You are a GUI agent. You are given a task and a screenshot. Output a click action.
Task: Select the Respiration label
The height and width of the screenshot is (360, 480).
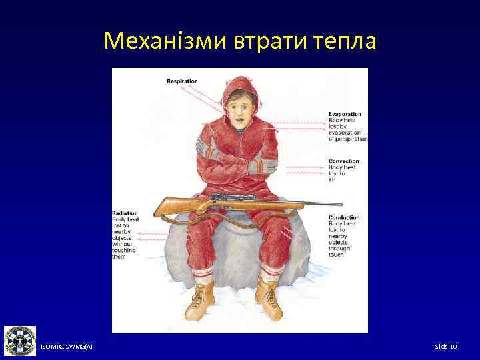click(182, 81)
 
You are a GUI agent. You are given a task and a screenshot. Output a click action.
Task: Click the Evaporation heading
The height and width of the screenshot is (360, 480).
click(345, 114)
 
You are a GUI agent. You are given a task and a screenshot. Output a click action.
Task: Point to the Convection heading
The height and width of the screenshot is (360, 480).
click(343, 161)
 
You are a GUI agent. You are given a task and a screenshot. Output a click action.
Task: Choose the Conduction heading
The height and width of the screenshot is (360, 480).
click(344, 217)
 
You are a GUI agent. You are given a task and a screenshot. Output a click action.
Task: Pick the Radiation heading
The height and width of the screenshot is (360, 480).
click(125, 213)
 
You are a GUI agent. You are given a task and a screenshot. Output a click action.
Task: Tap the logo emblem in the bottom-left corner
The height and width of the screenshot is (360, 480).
click(20, 341)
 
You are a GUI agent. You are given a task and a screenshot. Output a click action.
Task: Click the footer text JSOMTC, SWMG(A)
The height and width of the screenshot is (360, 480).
click(67, 347)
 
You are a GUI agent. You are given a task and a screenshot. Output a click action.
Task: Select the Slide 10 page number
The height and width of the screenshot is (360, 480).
click(445, 347)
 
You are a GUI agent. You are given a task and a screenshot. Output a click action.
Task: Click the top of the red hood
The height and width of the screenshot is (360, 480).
click(240, 81)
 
